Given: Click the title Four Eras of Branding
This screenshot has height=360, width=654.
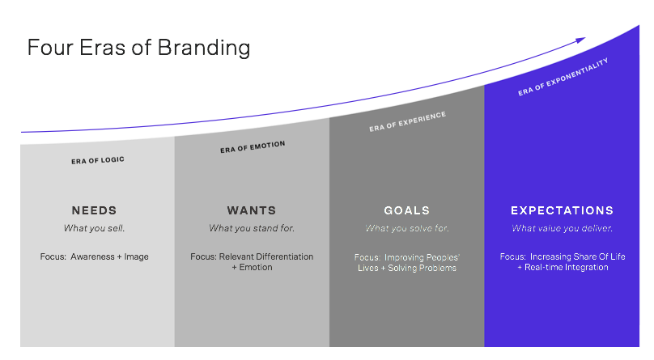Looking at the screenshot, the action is pos(138,48).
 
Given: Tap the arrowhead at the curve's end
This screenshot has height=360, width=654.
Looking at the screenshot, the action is pos(580,40).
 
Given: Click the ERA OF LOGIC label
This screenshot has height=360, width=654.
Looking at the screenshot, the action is pos(98,160).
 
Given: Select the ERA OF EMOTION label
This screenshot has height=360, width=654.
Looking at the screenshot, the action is pos(253,147).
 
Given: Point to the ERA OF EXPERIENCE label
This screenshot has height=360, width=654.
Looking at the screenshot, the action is pos(407,121).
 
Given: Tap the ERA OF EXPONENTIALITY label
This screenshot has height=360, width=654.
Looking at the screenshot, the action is pos(563,77).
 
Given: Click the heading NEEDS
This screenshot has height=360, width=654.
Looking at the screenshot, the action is pos(94,210).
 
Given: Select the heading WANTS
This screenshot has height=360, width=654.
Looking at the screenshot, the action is pos(252,210).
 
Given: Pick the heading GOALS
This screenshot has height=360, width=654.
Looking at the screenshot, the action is pos(406,210).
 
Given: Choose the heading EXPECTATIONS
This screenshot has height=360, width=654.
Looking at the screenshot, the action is pos(563,210).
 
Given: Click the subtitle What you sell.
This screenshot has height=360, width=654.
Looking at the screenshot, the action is pos(94,228).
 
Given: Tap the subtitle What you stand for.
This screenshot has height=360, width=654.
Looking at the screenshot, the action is pos(252,228).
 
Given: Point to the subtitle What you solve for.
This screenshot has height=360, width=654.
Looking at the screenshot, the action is pos(407,228).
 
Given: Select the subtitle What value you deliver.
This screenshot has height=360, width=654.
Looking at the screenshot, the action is pos(563,228).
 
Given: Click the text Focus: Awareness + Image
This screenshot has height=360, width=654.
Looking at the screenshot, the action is pos(94,256).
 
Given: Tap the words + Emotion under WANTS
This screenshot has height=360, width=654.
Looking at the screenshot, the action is pos(252,268).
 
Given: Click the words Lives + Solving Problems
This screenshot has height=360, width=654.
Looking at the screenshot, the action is pos(407,269).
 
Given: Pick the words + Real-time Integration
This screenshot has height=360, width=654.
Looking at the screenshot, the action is pos(563,268).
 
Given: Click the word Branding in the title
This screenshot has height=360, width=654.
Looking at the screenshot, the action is pos(204,48).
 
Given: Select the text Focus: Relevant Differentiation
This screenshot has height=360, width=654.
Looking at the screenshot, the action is pos(252,256).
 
